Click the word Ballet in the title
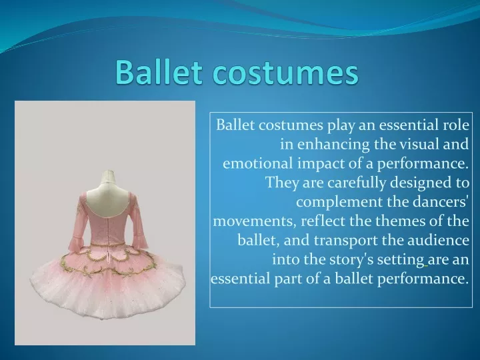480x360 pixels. click(159, 72)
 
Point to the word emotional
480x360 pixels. click(257, 163)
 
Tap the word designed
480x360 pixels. click(417, 183)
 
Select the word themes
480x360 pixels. click(400, 221)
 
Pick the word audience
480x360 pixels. click(438, 240)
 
